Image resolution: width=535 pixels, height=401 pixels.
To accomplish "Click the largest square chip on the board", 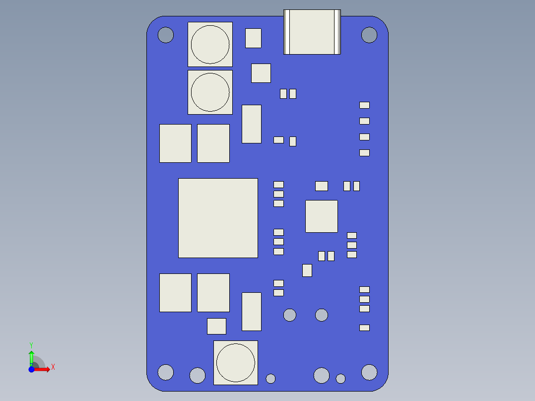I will tap(218, 218).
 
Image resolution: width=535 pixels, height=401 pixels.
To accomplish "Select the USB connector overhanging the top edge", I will tap(312, 32).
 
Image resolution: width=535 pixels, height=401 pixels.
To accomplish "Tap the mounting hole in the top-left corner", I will tap(166, 35).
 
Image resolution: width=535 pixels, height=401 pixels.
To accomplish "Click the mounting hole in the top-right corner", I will tap(369, 35).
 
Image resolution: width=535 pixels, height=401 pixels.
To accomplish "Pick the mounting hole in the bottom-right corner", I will tap(369, 372).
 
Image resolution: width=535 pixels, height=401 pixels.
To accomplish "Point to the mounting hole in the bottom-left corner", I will tap(166, 372).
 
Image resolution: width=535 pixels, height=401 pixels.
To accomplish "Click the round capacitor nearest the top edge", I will tap(210, 44).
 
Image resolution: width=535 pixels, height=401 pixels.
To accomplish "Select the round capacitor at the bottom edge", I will tap(236, 362).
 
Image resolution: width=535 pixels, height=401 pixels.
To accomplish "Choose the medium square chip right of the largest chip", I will tap(322, 216).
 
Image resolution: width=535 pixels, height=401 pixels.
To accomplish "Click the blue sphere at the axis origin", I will tap(31, 369).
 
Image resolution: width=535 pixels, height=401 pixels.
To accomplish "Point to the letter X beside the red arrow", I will tap(53, 367).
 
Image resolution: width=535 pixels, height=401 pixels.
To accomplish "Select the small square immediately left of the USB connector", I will tap(253, 38).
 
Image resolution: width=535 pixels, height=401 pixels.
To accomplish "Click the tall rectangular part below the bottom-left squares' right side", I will tap(252, 312).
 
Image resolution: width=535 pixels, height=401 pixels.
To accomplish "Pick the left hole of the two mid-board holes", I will tap(290, 315).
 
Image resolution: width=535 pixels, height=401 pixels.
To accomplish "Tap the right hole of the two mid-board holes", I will tap(322, 315).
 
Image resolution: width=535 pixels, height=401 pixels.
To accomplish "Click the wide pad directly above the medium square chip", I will tap(322, 186).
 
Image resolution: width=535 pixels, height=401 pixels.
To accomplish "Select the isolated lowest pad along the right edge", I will tap(364, 328).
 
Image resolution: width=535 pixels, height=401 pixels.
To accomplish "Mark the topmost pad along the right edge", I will tap(364, 105).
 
